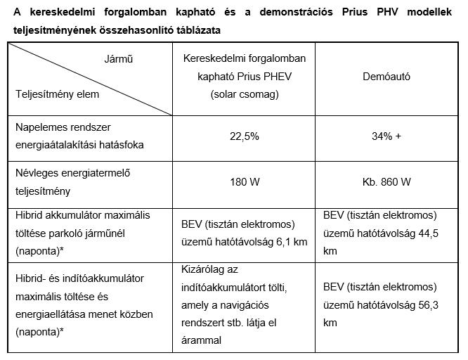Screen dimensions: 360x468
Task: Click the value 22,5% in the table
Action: click(x=245, y=136)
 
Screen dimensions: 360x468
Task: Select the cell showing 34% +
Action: click(x=387, y=136)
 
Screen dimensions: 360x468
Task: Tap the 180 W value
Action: click(x=245, y=182)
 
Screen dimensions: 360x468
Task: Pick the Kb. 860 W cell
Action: click(x=387, y=182)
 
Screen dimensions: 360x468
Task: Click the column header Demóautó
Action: click(x=387, y=76)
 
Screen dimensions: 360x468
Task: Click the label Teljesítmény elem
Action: click(x=58, y=94)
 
